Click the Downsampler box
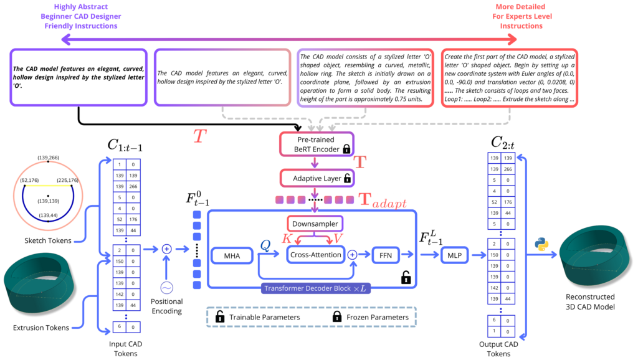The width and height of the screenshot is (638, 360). coord(316,224)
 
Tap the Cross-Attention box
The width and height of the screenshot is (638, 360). coord(315,255)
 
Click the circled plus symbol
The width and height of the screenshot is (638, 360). coord(351,255)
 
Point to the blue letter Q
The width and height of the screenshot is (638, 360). coord(265,246)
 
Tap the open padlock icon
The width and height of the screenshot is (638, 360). coord(406,277)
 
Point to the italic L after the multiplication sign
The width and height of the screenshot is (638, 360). coord(363,289)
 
